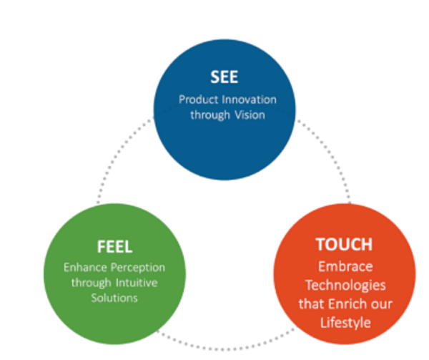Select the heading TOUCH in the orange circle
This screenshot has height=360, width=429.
(x=344, y=244)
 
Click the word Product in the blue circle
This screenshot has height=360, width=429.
(x=198, y=99)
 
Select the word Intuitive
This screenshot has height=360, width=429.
(x=139, y=282)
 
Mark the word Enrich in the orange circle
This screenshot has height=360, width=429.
(x=347, y=303)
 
